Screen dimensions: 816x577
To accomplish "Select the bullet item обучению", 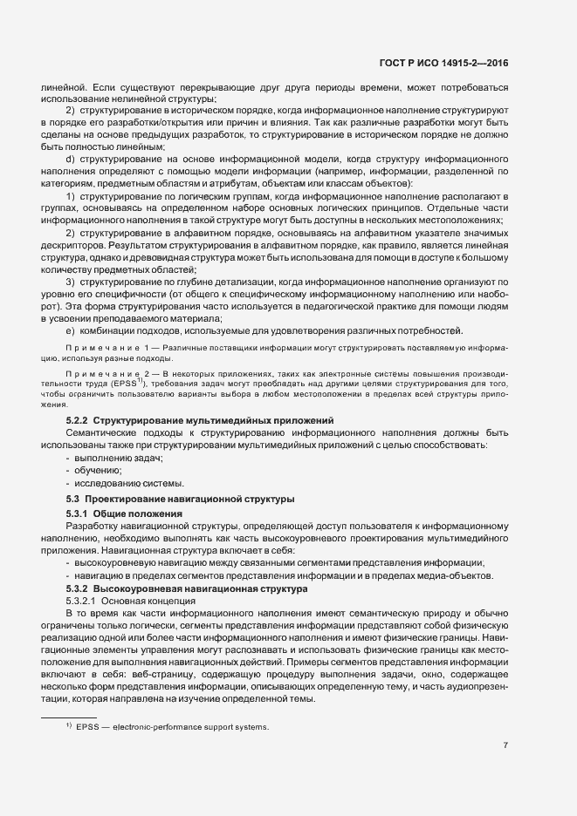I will tap(98, 471).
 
